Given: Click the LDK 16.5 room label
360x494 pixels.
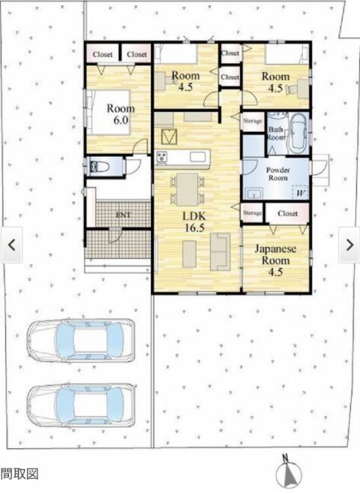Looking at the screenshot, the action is tap(194, 221).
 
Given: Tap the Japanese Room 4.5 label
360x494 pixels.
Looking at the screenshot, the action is tap(275, 261).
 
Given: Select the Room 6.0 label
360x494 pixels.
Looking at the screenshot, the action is tap(121, 114).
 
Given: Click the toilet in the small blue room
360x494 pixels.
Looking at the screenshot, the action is tap(98, 166).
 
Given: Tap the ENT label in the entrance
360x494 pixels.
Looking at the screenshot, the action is tap(123, 215).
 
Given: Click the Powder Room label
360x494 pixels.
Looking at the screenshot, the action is tap(277, 174).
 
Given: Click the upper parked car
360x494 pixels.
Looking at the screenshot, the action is tap(81, 341).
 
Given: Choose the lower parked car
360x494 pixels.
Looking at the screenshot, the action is tap(81, 405).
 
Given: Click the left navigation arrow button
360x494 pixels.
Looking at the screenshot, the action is tap(12, 245).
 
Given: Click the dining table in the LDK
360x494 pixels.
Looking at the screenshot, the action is tap(187, 189).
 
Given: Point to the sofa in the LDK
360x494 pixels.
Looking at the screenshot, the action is tap(220, 252).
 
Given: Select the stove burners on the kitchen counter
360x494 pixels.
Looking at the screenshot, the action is tap(163, 157).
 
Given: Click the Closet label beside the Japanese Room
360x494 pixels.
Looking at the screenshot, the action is tap(287, 214).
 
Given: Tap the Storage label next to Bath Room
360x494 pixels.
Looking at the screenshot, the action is tap(253, 121).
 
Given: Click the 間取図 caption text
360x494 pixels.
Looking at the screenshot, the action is tap(19, 474).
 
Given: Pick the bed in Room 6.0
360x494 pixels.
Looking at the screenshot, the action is tap(109, 113).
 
